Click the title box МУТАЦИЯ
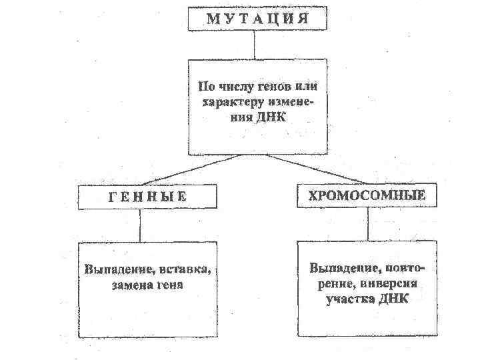pos(257,18)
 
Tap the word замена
pos(126,285)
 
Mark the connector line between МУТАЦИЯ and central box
pos(254,45)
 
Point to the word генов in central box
pos(269,87)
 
